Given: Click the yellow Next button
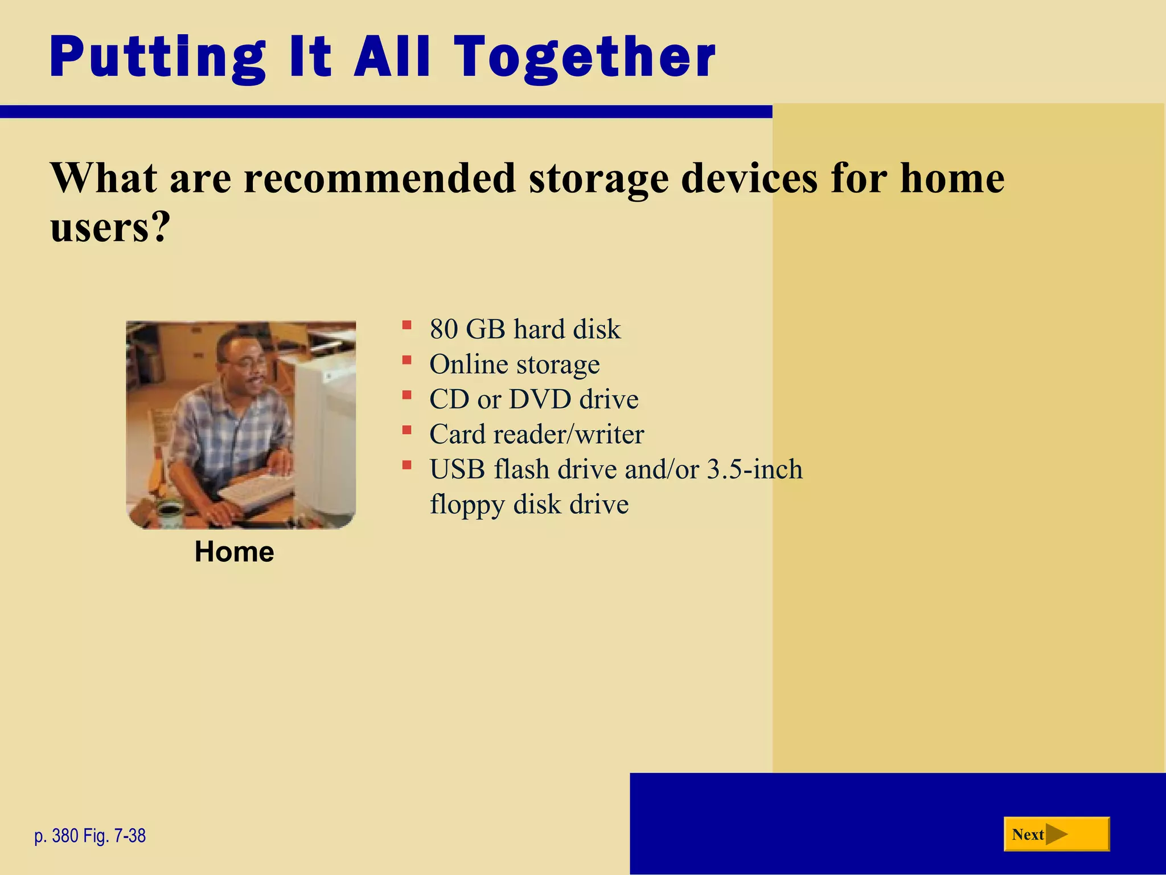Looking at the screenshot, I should pos(1056,834).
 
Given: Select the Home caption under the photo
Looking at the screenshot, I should pos(234,551).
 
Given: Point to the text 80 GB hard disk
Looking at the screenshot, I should pos(524,329).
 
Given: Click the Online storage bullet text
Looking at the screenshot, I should pos(514,365).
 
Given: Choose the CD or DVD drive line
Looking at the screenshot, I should pos(533,399).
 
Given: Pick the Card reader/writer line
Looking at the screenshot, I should pos(536,435).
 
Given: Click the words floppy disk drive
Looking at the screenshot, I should pos(529,505).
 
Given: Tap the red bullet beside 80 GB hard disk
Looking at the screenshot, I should pos(407,325).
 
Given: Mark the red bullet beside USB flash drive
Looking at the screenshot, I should pos(407,465).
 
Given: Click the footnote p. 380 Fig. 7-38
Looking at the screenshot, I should pos(90,836).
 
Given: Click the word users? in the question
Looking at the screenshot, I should pos(110,228).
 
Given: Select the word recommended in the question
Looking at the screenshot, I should pos(380,178).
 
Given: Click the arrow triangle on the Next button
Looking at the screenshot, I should pos(1056,834).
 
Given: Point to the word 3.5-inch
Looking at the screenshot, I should pos(754,469).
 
